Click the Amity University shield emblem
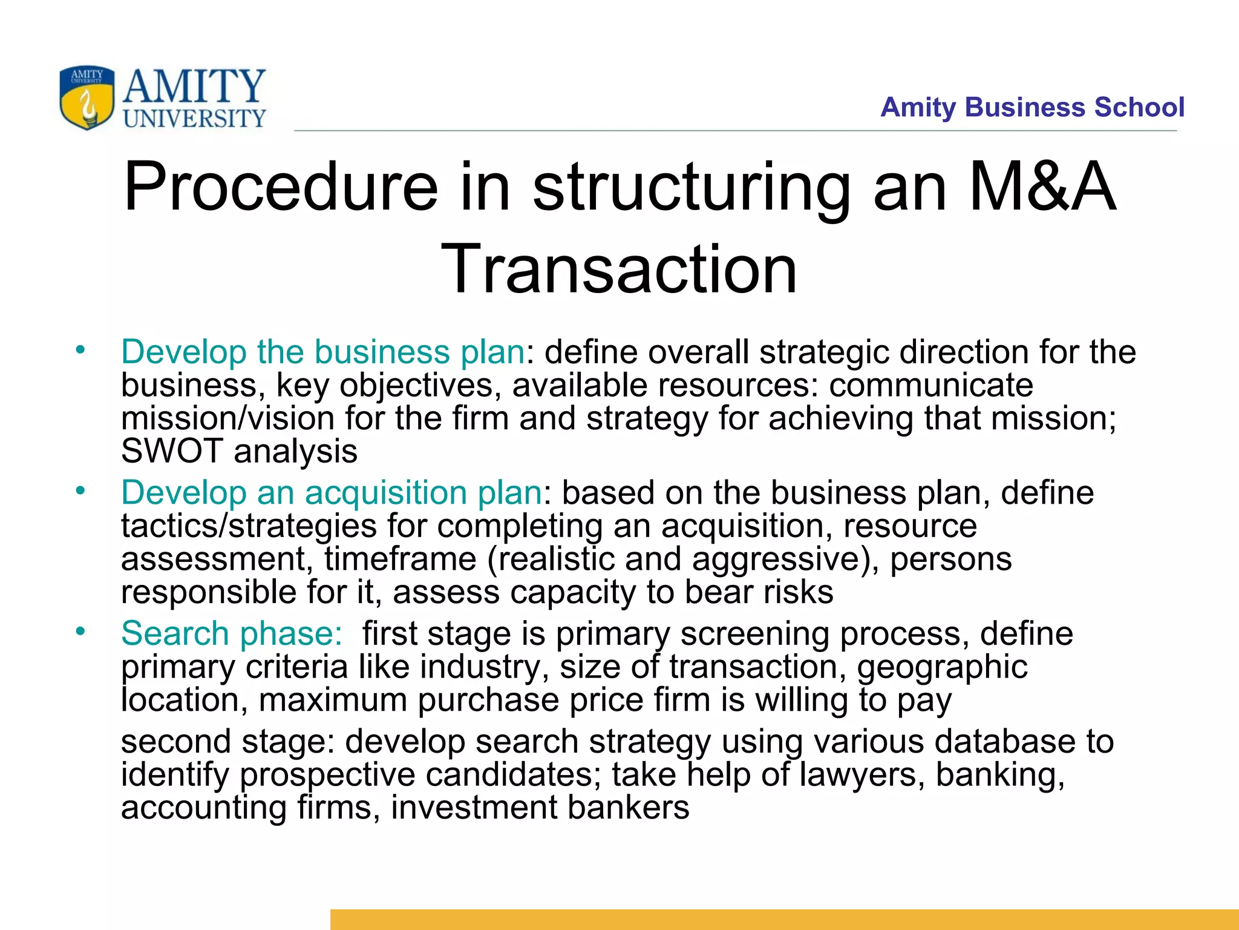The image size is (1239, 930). [x=87, y=98]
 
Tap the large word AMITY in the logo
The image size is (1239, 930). [x=194, y=86]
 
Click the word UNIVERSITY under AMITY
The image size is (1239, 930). [x=194, y=118]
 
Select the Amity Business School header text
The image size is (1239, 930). [x=1032, y=107]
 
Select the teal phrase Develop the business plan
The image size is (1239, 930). [x=322, y=352]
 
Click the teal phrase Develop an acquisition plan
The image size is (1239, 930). [x=332, y=492]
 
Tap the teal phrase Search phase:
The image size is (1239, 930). [x=232, y=633]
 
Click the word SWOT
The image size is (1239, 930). [x=172, y=451]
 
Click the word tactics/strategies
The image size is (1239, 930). [x=249, y=526]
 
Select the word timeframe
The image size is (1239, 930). [x=400, y=558]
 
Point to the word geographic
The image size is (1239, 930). [x=942, y=667]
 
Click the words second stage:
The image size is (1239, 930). [x=227, y=742]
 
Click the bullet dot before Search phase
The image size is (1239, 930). [x=80, y=632]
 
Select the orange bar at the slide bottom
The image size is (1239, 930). [x=784, y=919]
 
